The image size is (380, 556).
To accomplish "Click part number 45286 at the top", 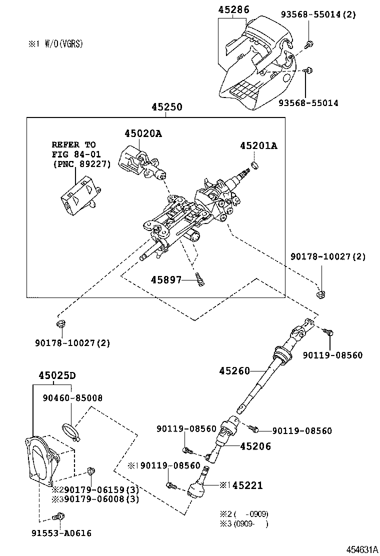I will tap(233, 9).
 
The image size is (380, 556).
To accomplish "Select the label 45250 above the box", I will tap(167, 107).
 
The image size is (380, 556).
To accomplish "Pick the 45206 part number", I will tap(255, 446).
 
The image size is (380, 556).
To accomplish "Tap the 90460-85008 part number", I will tap(72, 398).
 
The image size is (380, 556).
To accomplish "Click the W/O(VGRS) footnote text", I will tap(62, 44).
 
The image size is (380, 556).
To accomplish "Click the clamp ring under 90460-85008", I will tap(70, 430).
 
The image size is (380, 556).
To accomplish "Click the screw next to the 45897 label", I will tap(200, 279).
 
